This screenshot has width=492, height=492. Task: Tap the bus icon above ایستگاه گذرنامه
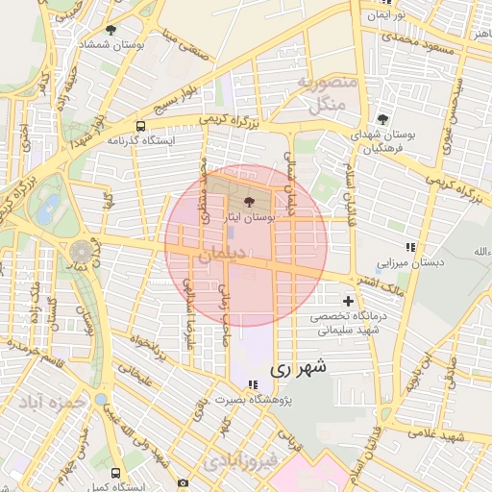[x=141, y=126]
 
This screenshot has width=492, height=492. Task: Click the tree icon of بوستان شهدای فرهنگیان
[x=383, y=119]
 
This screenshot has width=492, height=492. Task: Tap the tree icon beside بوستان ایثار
[x=250, y=203]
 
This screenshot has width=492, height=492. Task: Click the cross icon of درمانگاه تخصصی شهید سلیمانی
[x=348, y=301]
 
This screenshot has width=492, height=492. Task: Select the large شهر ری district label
[x=299, y=366]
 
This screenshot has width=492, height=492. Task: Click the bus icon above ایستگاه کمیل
[x=115, y=473]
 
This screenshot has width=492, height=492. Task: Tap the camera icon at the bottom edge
[x=183, y=483]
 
